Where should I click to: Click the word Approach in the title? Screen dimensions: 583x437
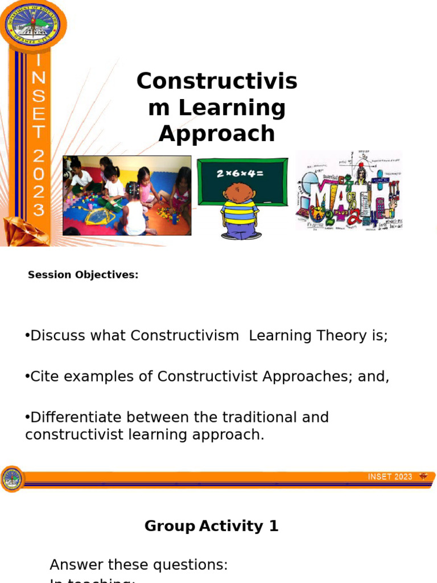click(x=217, y=134)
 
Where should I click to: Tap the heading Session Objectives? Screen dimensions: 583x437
click(x=83, y=275)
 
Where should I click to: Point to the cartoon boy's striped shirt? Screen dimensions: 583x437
click(x=240, y=211)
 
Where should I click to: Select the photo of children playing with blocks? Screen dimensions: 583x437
click(x=127, y=195)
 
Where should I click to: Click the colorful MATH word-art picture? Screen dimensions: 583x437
click(x=349, y=191)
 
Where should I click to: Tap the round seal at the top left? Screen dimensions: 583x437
click(x=32, y=24)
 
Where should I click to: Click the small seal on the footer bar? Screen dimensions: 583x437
click(x=11, y=479)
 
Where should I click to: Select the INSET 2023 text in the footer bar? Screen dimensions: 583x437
click(x=390, y=477)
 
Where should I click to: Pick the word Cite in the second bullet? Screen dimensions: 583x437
click(x=43, y=377)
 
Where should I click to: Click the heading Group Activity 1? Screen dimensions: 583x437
click(x=212, y=526)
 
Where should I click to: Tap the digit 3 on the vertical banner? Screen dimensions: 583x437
click(x=38, y=210)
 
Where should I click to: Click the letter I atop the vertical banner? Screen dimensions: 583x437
click(x=38, y=60)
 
